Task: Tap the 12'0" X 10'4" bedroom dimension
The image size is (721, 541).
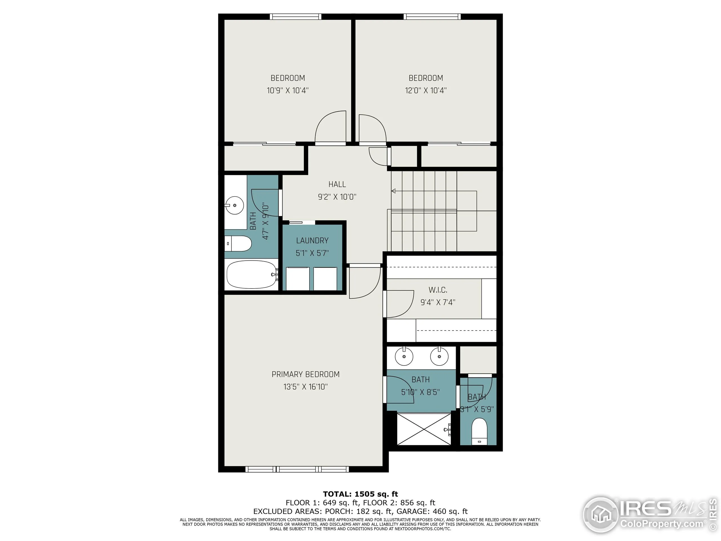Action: point(426,90)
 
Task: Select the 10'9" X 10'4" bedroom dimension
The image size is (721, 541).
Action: point(288,90)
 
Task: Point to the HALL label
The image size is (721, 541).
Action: point(337,184)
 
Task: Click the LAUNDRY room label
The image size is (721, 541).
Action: point(312,240)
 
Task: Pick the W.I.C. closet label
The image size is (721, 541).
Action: point(438,290)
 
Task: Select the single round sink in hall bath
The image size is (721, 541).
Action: point(235,205)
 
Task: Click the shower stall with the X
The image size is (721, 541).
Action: point(424,429)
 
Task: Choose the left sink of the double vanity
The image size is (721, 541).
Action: point(404,356)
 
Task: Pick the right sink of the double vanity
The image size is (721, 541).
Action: point(439,356)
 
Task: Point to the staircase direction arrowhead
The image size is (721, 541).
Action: point(393,191)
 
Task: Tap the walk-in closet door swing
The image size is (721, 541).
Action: point(399,303)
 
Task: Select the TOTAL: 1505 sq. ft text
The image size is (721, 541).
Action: point(360,494)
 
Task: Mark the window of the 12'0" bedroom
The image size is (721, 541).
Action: point(432,17)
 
